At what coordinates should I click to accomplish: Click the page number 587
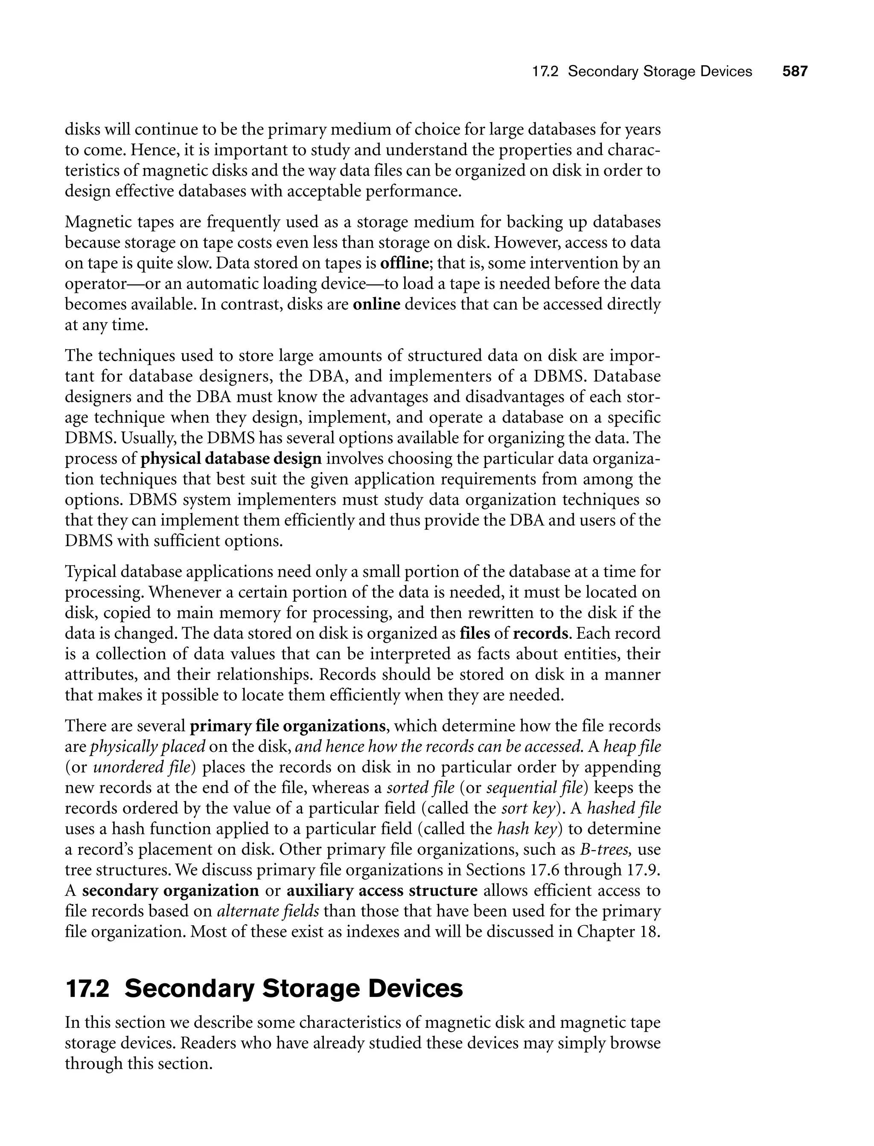click(795, 71)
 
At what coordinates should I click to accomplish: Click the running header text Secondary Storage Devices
click(660, 71)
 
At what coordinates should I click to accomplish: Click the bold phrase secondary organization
click(171, 891)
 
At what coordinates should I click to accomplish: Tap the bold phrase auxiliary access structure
click(382, 891)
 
